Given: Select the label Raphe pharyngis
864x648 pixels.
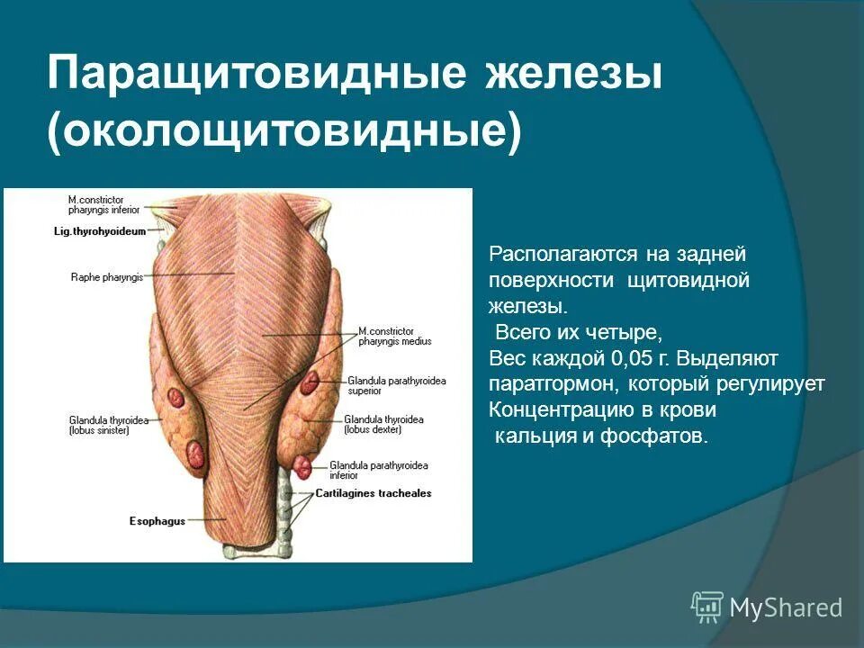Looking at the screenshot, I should pos(106,277).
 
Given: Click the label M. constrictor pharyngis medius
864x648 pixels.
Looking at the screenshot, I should pos(394,336).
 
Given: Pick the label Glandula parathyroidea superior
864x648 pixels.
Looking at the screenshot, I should pos(396,385).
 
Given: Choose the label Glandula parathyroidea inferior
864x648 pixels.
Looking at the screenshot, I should pos(378,470).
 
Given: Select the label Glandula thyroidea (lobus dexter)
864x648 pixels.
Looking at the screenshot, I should pos(383,425).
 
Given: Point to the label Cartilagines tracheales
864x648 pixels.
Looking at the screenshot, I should pos(373,493).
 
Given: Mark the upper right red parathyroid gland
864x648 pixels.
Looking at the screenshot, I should pos(310,384).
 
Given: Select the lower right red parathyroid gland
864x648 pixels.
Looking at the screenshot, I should pos(303,467).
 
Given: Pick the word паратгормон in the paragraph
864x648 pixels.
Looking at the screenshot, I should pos(542,383).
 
